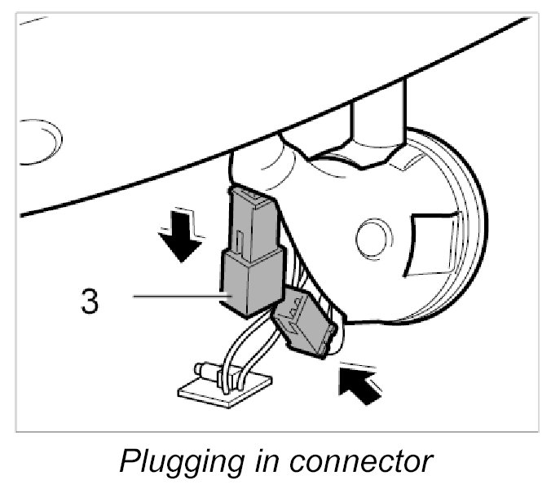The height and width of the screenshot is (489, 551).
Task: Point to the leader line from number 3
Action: point(175,297)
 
